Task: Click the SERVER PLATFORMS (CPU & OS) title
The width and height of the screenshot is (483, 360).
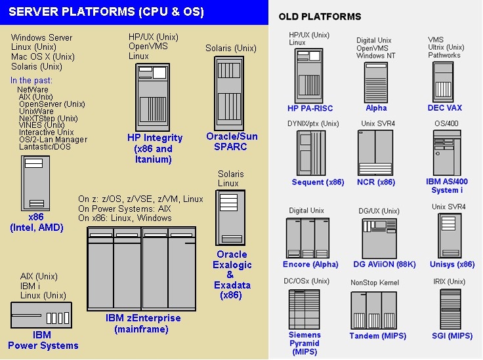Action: (x=108, y=12)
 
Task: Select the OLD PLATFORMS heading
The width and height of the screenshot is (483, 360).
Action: (x=320, y=16)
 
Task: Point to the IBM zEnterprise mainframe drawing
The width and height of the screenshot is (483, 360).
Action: (x=142, y=269)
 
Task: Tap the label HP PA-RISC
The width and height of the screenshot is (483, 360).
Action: (x=310, y=108)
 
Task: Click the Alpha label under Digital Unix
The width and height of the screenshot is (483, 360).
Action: (x=376, y=108)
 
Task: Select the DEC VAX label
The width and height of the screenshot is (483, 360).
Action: (x=444, y=108)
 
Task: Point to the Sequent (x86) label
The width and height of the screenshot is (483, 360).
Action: (x=318, y=182)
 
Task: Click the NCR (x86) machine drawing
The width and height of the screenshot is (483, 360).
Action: (x=375, y=153)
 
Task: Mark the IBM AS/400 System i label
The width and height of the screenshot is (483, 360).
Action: (x=447, y=186)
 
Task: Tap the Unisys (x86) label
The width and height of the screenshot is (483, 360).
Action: (x=451, y=264)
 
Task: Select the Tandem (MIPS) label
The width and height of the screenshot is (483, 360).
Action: (x=377, y=336)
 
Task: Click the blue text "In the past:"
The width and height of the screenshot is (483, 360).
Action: (x=31, y=81)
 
